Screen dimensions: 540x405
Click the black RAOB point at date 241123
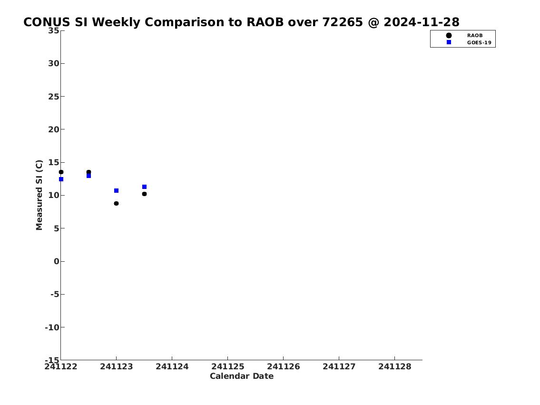[117, 204]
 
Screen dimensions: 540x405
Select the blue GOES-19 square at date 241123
[117, 191]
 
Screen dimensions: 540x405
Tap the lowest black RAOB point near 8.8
[117, 204]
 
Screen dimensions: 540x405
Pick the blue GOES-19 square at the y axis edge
[61, 179]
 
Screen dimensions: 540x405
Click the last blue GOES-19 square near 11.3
[144, 187]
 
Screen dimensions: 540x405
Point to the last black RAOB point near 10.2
[144, 194]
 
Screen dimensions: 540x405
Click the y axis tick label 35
[53, 30]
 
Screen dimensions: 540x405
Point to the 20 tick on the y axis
[53, 129]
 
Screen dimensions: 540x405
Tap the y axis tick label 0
[57, 261]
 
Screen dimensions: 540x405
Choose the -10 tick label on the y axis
[52, 327]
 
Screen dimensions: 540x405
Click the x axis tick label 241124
[172, 367]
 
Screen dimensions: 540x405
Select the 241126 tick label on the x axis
[284, 367]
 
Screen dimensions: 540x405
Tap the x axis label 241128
[395, 367]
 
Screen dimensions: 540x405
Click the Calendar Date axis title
[242, 376]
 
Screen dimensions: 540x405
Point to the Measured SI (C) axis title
[39, 195]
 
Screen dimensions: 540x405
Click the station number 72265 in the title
[343, 22]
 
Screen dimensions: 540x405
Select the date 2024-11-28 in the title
[422, 22]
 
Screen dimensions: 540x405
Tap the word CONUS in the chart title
[47, 22]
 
